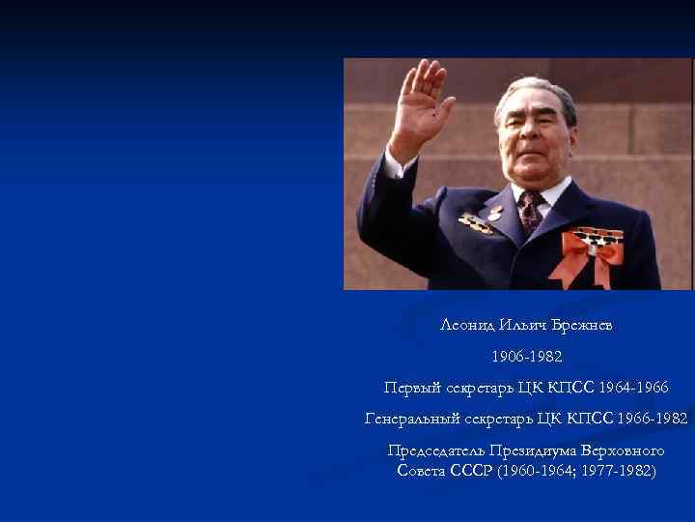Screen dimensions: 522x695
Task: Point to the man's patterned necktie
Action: coord(530,211)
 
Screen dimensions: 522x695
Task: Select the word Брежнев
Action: coord(578,325)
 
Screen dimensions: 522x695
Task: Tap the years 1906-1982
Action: coord(526,357)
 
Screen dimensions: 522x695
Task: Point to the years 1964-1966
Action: coord(632,388)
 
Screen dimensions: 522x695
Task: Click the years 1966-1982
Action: coord(654,419)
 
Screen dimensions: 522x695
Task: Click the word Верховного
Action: coord(626,450)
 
